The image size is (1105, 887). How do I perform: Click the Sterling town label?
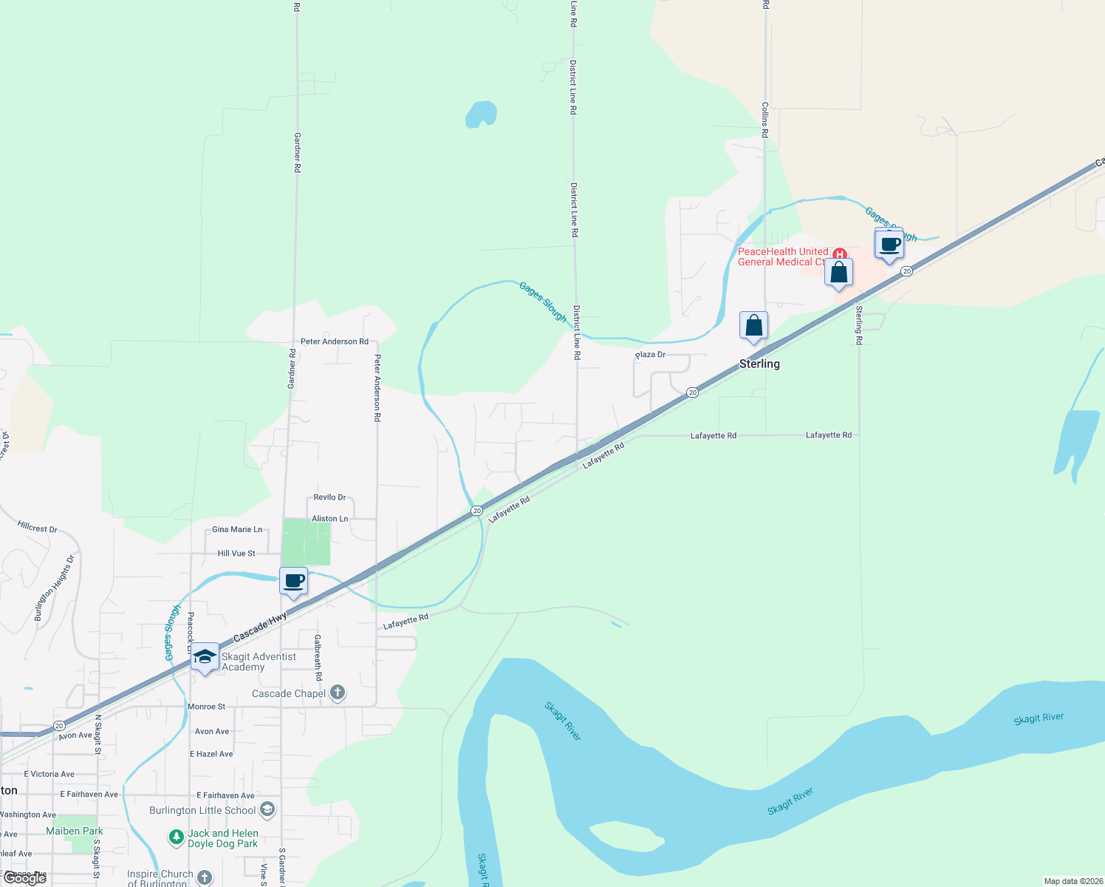click(x=759, y=364)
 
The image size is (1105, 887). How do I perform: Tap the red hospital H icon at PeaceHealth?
click(x=839, y=254)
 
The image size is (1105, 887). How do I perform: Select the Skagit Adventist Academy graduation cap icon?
click(x=205, y=656)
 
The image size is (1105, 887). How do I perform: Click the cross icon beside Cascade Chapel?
click(x=338, y=693)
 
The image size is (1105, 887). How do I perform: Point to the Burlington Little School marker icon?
click(x=267, y=809)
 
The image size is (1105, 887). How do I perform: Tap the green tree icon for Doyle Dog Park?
click(x=176, y=837)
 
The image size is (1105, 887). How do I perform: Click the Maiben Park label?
click(x=75, y=831)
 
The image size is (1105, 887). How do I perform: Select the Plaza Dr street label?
click(x=650, y=355)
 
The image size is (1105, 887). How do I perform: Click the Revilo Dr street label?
click(x=329, y=497)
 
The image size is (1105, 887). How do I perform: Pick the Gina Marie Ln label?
click(x=237, y=529)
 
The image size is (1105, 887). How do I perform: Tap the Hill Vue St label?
click(x=236, y=553)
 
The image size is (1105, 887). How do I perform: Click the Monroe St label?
click(x=206, y=707)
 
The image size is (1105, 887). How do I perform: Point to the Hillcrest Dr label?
click(x=37, y=528)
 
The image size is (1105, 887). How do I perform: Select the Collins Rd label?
click(x=765, y=120)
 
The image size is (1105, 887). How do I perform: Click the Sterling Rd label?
click(x=859, y=324)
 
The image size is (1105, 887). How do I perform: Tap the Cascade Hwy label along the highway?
click(x=259, y=628)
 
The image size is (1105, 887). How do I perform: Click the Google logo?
click(x=25, y=878)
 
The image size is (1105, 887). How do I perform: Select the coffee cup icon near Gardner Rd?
click(x=293, y=581)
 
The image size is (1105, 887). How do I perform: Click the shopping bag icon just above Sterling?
click(x=753, y=325)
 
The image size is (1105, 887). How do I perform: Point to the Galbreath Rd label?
click(x=318, y=657)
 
